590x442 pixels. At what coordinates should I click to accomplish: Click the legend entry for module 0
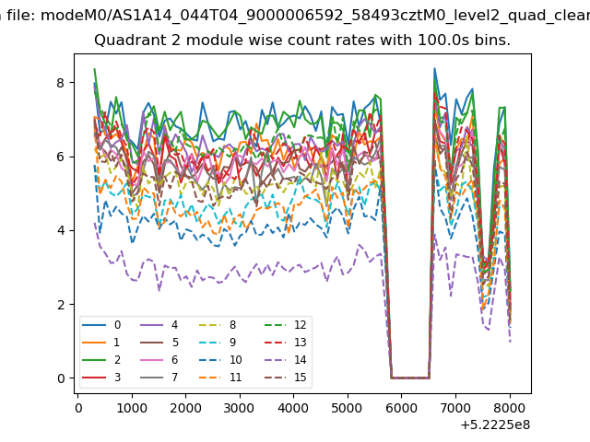click(x=101, y=325)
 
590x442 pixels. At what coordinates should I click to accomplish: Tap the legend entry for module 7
click(x=159, y=377)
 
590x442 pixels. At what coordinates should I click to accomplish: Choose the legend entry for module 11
click(x=219, y=377)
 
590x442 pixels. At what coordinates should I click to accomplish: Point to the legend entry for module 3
click(x=101, y=377)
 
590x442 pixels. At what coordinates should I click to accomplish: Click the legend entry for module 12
click(x=285, y=325)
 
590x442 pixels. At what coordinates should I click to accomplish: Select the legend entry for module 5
click(x=159, y=342)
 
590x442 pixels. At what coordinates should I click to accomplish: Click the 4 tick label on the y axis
click(x=61, y=230)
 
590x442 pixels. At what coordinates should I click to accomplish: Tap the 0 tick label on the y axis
click(x=61, y=378)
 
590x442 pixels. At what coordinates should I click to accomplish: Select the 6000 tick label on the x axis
click(x=402, y=408)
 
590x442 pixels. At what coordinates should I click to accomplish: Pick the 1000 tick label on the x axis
click(x=132, y=408)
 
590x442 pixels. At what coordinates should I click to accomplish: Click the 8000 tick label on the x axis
click(x=510, y=408)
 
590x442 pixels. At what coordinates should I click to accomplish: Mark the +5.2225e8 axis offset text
click(x=495, y=425)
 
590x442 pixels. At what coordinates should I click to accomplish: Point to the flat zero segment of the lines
click(x=410, y=378)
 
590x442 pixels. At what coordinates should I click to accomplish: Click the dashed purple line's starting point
click(x=94, y=223)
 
